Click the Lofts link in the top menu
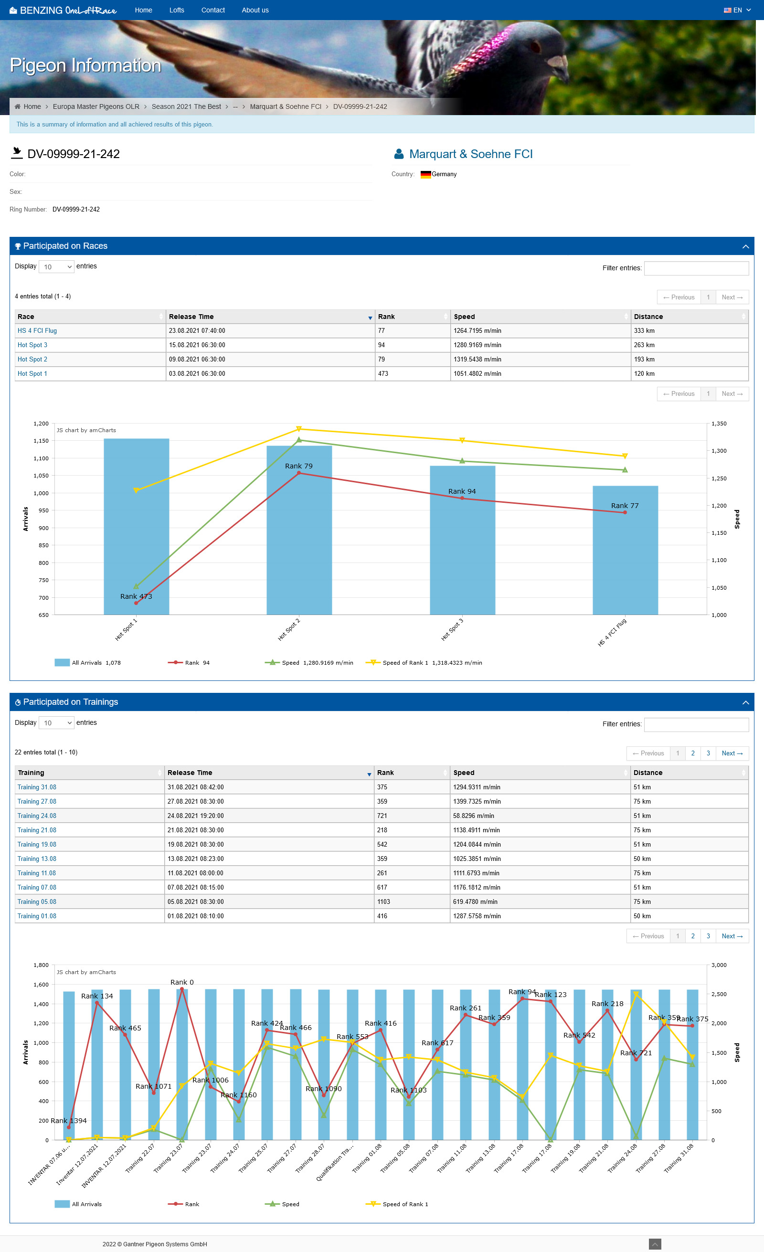(x=176, y=10)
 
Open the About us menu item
(x=255, y=10)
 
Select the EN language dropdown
(x=737, y=10)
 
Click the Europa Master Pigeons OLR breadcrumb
(x=96, y=106)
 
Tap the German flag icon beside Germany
(x=425, y=174)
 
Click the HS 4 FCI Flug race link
(x=37, y=331)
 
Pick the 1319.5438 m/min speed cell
(x=477, y=359)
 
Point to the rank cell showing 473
(x=383, y=373)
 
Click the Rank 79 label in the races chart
(x=299, y=466)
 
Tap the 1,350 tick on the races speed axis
(x=719, y=424)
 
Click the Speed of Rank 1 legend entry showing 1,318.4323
(x=424, y=663)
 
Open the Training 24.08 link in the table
(x=37, y=816)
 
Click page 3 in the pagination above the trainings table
(x=708, y=753)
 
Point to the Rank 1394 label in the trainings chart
(x=69, y=1120)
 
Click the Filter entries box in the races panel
(x=696, y=268)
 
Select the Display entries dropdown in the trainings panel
(x=56, y=723)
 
